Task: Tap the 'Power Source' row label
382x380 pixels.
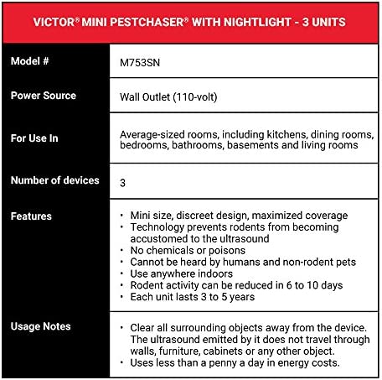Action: coord(44,95)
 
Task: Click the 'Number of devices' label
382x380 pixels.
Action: coord(55,180)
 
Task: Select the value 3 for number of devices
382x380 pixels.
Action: coord(123,181)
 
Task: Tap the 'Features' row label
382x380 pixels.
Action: coord(31,216)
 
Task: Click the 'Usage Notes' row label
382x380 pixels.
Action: coord(40,326)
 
